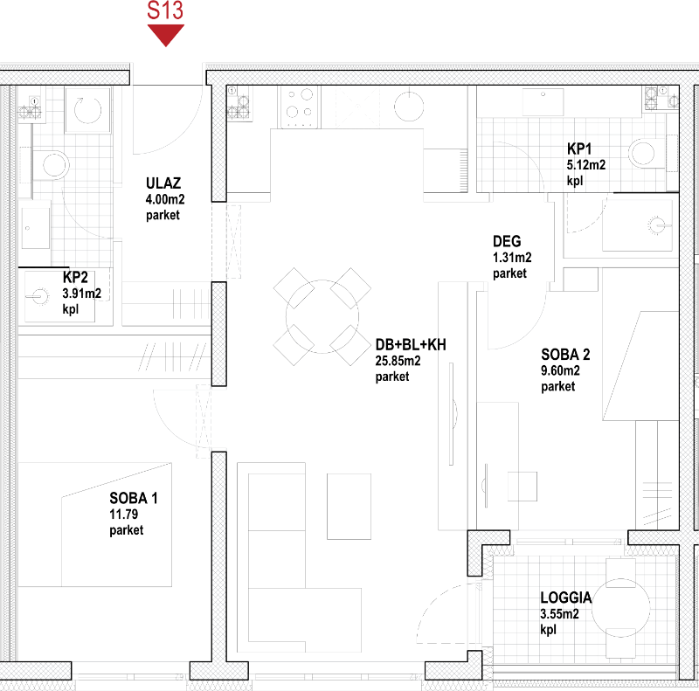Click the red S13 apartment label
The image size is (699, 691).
pos(165,10)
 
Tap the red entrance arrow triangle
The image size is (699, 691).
pos(166,35)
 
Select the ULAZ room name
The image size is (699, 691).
pos(163,183)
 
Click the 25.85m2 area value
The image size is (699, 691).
pos(398,361)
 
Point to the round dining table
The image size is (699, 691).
pos(322,316)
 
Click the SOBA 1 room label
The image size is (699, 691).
pos(134,498)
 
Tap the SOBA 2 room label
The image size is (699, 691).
pos(565,355)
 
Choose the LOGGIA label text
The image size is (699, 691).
pos(565,598)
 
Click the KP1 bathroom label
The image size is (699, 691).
pos(579,149)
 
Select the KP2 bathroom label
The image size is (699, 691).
pos(75,277)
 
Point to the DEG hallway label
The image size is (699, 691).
pos(507,241)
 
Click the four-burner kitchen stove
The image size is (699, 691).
pos(299,107)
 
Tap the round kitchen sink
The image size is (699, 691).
pos(409,107)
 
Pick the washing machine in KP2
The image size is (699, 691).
pos(88,110)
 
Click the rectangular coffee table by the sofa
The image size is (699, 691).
pos(349,507)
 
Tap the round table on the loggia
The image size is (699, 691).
pos(620,607)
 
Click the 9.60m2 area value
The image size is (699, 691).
pos(560,370)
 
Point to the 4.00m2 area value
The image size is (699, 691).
pos(165,199)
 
